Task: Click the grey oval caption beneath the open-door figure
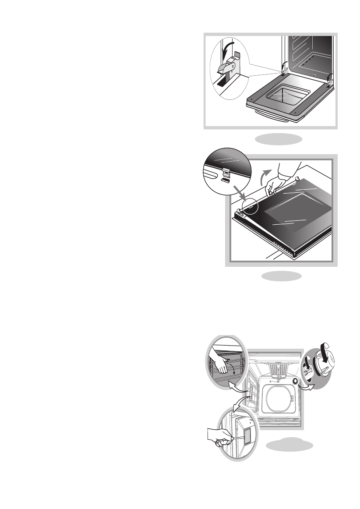279,139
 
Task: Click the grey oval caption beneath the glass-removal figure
281,276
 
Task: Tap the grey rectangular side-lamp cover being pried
247,436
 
